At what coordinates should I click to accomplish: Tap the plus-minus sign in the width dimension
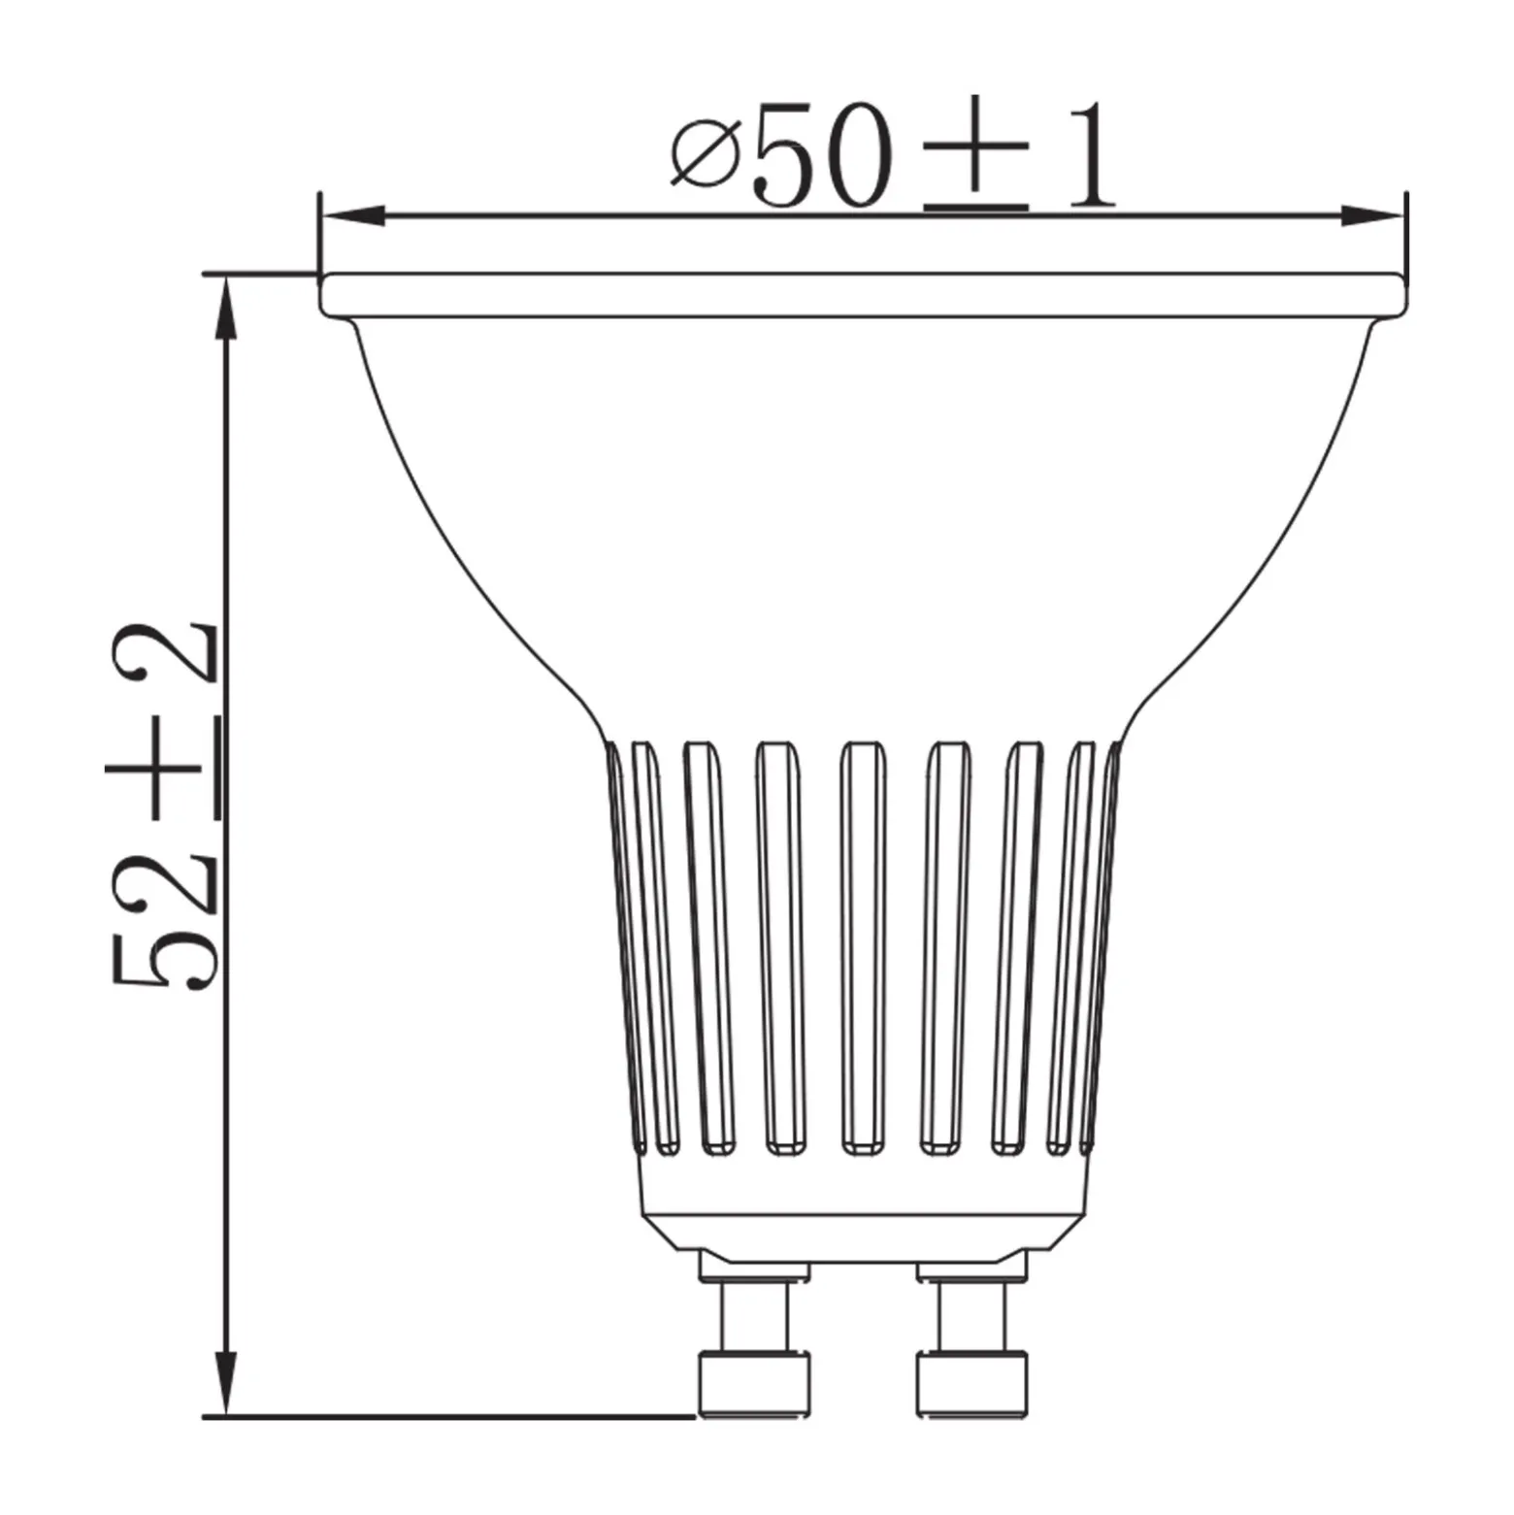point(976,158)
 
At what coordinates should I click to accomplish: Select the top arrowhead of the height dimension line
point(226,307)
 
